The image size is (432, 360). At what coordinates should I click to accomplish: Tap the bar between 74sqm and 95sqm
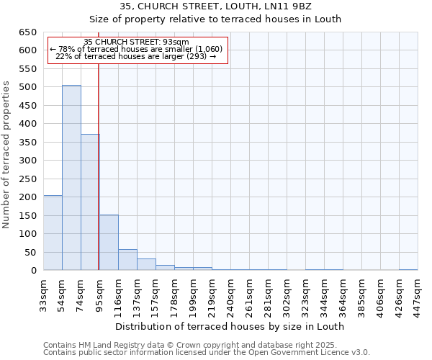click(90, 202)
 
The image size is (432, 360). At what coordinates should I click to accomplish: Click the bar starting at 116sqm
click(127, 260)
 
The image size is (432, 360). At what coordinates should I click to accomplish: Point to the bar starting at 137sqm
click(146, 264)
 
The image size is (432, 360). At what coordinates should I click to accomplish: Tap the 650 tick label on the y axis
click(27, 32)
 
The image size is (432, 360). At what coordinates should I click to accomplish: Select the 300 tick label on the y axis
click(27, 161)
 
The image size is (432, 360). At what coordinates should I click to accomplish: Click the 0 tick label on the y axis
click(33, 271)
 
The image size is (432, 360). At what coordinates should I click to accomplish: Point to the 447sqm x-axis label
click(418, 294)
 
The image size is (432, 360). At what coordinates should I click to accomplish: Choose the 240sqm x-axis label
click(230, 294)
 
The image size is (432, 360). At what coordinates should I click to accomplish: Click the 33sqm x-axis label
click(43, 294)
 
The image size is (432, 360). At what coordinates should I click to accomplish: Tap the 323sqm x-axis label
click(305, 294)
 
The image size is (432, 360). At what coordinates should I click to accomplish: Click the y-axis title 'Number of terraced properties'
click(6, 154)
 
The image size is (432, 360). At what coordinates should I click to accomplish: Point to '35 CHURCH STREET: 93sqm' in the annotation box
click(136, 42)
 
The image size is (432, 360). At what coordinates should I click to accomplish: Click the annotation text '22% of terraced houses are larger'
click(136, 56)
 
